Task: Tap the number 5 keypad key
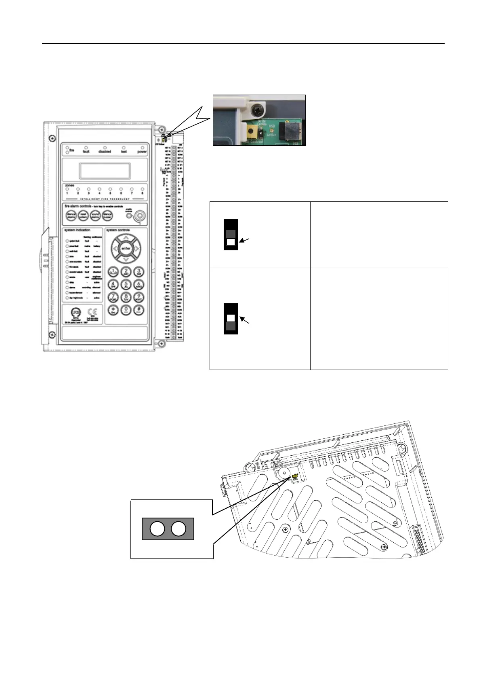click(x=126, y=284)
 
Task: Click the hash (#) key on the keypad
click(x=139, y=311)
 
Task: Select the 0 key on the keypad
click(x=126, y=311)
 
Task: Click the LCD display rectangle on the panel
click(x=105, y=171)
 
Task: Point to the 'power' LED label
click(x=142, y=152)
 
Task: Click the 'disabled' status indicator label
click(x=105, y=152)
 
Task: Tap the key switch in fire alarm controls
click(x=140, y=216)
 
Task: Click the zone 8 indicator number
click(x=142, y=193)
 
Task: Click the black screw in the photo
click(x=256, y=110)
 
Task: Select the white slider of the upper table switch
click(x=231, y=242)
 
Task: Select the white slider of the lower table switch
click(x=231, y=318)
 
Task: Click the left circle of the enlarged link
click(x=157, y=529)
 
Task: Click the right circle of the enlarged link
click(x=179, y=529)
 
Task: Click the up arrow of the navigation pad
click(x=126, y=237)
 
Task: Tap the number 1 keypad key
click(x=113, y=272)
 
